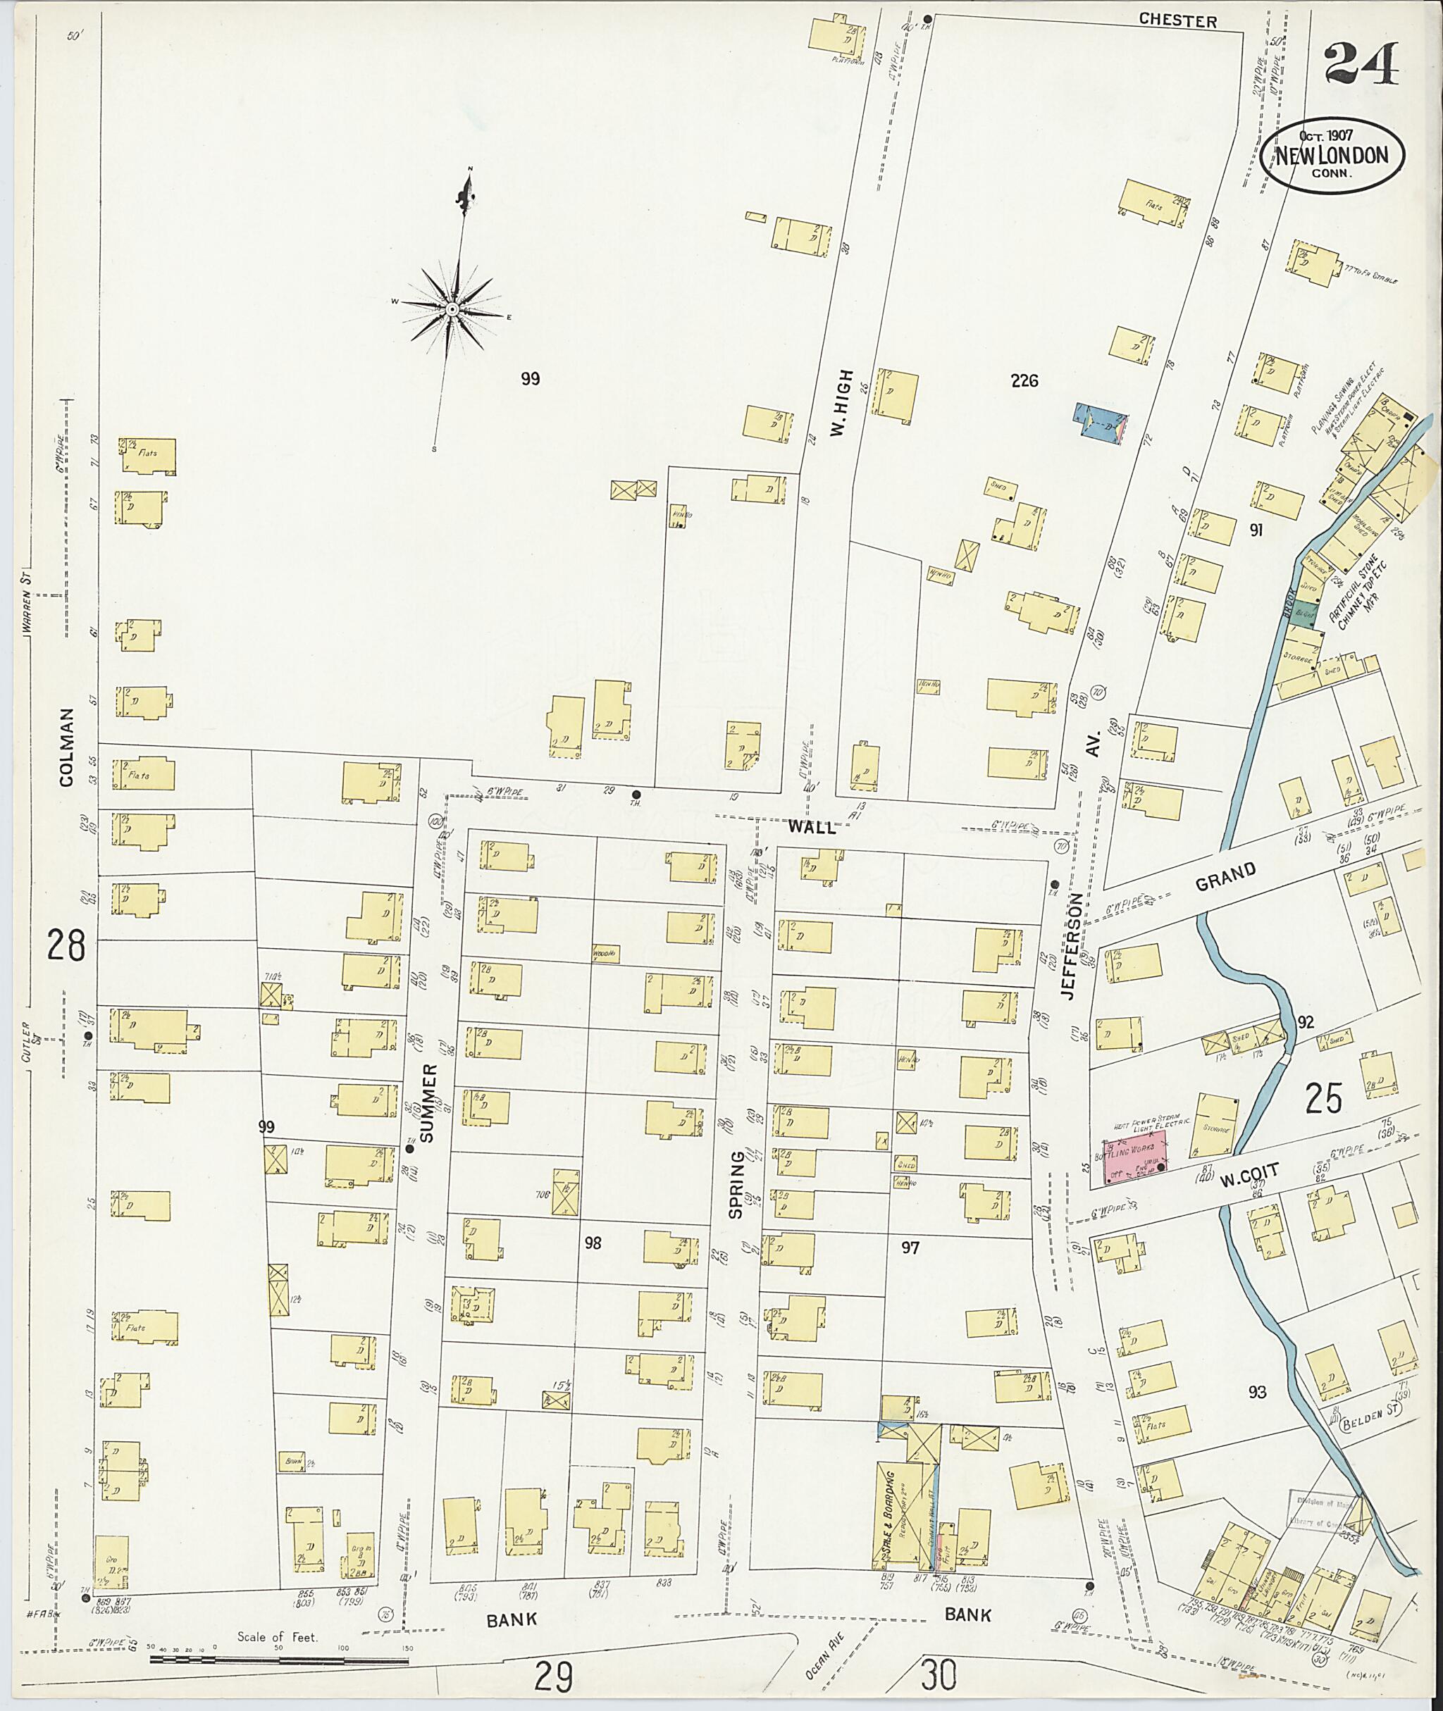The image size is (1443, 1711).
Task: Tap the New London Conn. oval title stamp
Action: point(1332,156)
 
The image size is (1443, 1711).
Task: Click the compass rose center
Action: point(452,309)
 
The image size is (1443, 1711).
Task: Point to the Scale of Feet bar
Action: point(278,1660)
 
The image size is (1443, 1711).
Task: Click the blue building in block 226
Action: point(1104,423)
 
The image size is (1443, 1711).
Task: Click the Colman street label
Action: point(67,747)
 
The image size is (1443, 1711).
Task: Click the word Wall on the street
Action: point(812,827)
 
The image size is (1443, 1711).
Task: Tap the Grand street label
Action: point(1225,878)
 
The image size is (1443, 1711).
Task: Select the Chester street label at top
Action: point(1177,21)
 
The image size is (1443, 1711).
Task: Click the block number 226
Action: point(1024,380)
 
